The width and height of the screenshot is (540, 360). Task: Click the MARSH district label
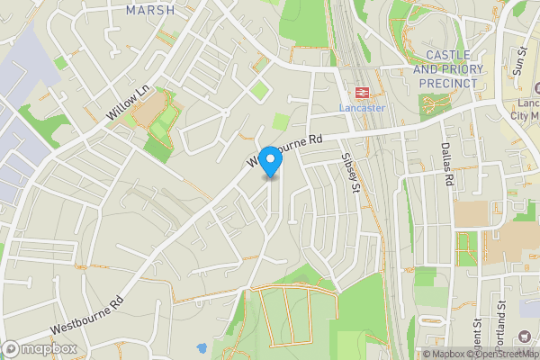pos(152,10)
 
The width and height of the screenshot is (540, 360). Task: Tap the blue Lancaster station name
pos(362,108)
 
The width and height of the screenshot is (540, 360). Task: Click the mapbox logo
pos(40,348)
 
